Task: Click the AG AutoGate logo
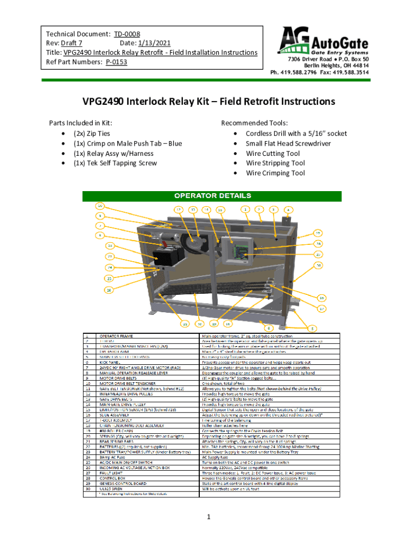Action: [325, 41]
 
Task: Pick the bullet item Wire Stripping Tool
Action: [275, 163]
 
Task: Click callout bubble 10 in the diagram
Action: [100, 206]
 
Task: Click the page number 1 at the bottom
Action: [208, 517]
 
